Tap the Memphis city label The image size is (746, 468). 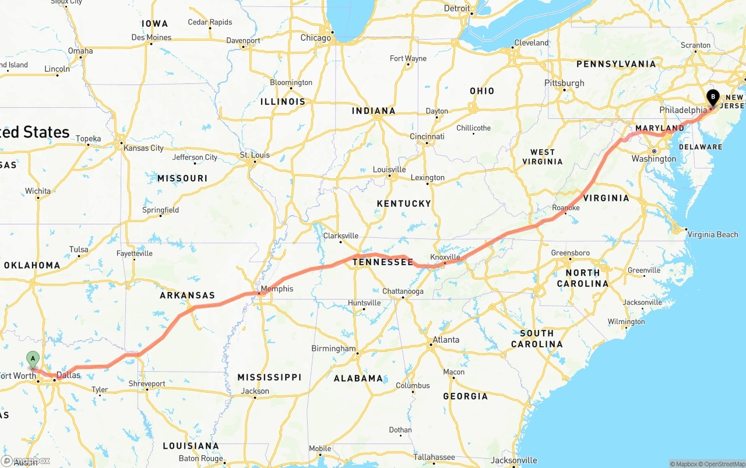(x=277, y=289)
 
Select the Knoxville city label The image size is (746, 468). (x=445, y=257)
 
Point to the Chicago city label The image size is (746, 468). (x=315, y=38)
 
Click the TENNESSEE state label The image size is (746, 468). (x=382, y=262)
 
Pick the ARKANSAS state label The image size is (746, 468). (x=187, y=295)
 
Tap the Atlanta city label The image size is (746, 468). (x=446, y=340)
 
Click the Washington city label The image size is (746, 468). (x=654, y=159)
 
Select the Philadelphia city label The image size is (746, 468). (x=683, y=110)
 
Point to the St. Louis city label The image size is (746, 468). (x=255, y=155)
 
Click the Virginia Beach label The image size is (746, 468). (x=713, y=234)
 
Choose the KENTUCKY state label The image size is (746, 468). (x=403, y=203)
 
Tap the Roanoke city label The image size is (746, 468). (x=566, y=207)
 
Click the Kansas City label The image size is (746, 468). (x=143, y=148)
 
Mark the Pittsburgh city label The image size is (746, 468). (x=564, y=83)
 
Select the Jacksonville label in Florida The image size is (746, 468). (x=514, y=460)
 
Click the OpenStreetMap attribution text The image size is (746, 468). (x=724, y=464)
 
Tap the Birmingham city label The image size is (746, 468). (x=333, y=349)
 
